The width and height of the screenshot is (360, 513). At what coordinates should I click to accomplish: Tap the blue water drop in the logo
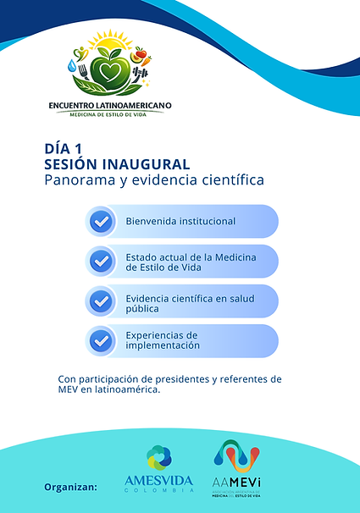(x=72, y=65)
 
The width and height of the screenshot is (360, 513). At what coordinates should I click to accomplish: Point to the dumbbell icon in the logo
(x=141, y=74)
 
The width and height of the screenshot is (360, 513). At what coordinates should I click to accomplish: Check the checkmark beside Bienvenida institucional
(x=102, y=222)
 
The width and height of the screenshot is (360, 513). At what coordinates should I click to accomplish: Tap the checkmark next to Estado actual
(x=102, y=262)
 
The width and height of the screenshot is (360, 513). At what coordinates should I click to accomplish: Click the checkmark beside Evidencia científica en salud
(x=102, y=301)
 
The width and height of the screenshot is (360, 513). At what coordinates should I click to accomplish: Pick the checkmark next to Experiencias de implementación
(x=102, y=340)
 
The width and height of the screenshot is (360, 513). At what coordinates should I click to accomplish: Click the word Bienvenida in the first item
(x=153, y=222)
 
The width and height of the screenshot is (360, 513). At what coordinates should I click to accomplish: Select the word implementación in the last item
(x=163, y=345)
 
